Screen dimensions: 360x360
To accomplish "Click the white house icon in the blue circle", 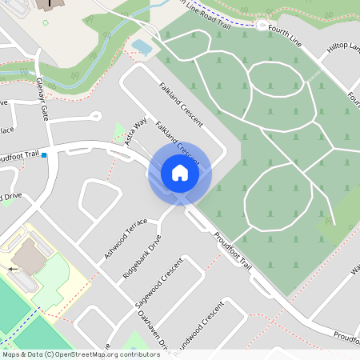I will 179,173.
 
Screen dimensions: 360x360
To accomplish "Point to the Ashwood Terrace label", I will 126,238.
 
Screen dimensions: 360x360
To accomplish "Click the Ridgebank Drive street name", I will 142,256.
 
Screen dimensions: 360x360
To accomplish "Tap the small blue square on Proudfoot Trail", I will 45,155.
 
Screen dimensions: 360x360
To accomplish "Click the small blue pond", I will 142,47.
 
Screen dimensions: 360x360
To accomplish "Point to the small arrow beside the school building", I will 13,270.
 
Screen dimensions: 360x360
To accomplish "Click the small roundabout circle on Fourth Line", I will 262,25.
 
